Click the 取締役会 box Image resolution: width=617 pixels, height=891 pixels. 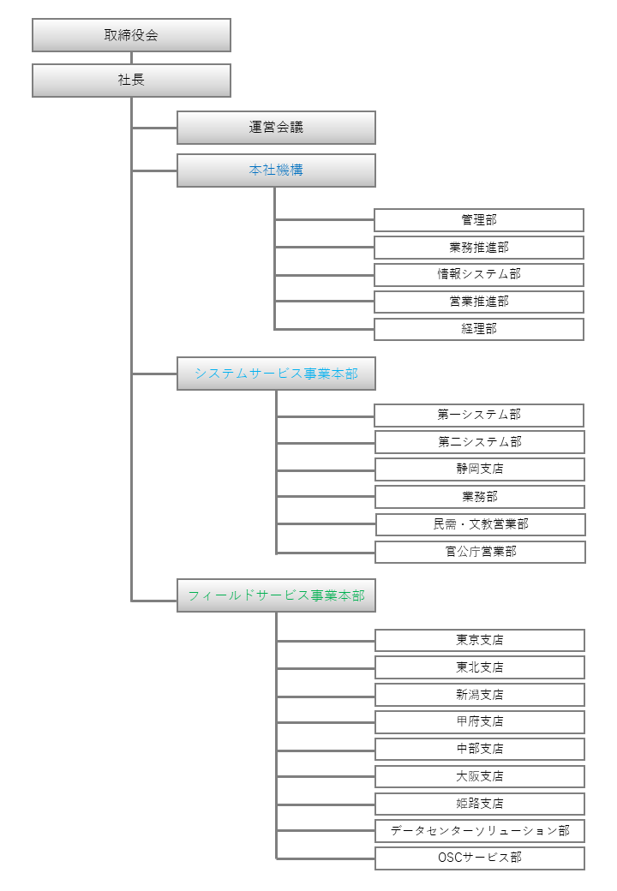[131, 35]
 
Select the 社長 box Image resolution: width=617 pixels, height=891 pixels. [131, 81]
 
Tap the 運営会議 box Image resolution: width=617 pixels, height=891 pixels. [276, 128]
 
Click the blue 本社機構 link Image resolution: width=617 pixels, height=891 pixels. [276, 170]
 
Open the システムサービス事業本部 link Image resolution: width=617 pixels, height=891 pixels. [276, 374]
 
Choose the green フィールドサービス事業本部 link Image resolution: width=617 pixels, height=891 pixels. [276, 595]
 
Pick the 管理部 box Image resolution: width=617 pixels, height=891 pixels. [479, 220]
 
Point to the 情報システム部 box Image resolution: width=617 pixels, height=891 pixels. [479, 274]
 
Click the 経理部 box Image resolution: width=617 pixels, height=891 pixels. [479, 329]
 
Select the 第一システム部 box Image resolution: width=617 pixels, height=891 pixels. [479, 415]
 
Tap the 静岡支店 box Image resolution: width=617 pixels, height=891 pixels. [480, 469]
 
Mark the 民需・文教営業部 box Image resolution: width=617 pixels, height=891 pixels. [481, 524]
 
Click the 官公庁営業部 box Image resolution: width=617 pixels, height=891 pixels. [480, 552]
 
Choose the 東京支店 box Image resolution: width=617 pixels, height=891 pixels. [480, 641]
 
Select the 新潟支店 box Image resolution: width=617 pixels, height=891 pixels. [480, 695]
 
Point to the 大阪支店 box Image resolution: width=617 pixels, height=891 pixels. [480, 776]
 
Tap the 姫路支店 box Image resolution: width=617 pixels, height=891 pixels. [480, 804]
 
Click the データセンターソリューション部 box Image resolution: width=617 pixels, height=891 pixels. [480, 831]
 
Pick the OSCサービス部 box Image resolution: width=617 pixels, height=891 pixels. [480, 858]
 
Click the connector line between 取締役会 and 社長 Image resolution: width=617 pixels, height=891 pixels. [131, 58]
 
